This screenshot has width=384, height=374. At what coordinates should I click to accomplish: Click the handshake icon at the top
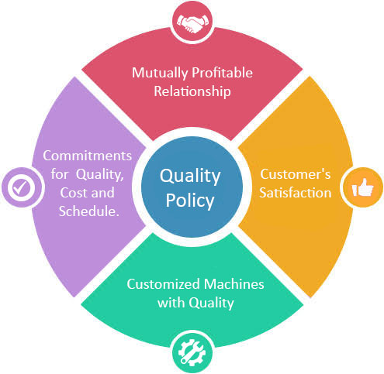[x=192, y=24]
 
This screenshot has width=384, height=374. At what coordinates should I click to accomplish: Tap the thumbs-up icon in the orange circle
[x=362, y=187]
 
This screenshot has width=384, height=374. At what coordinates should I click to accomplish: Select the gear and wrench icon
[x=192, y=352]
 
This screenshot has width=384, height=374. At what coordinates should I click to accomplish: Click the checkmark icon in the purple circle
[x=22, y=187]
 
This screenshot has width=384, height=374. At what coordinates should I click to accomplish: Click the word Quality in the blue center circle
[x=190, y=177]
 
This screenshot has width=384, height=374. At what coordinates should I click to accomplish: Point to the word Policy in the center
[x=190, y=201]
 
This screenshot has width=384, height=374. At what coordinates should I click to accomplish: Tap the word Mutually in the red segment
[x=160, y=74]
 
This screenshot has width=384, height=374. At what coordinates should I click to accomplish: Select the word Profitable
[x=223, y=73]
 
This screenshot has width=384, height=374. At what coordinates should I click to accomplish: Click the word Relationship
[x=192, y=92]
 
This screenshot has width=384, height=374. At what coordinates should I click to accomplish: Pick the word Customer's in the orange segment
[x=296, y=174]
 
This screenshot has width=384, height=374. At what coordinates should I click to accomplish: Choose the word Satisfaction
[x=296, y=193]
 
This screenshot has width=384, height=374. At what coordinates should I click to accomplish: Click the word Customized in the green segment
[x=163, y=284]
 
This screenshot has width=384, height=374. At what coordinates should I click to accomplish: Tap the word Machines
[x=234, y=284]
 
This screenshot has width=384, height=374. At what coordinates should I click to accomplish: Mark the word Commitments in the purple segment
[x=88, y=156]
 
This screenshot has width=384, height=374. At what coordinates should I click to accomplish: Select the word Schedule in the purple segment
[x=88, y=211]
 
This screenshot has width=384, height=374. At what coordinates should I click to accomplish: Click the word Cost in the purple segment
[x=73, y=193]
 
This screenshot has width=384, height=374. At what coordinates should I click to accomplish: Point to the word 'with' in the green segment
[x=171, y=303]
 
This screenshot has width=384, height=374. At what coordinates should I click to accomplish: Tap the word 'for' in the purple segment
[x=59, y=174]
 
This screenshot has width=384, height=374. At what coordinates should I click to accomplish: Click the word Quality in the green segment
[x=211, y=304]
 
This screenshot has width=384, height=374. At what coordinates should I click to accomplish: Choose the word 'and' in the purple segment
[x=103, y=193]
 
